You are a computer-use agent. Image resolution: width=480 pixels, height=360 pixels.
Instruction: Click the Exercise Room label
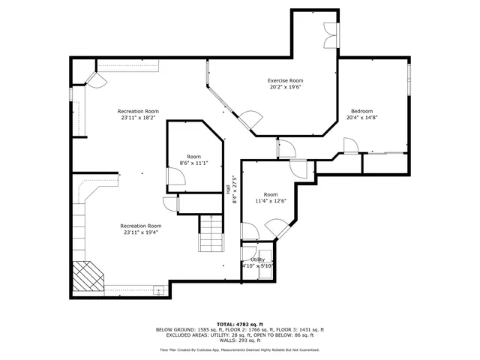pos(285,80)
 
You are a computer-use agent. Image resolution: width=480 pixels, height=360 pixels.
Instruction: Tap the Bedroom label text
pos(361,111)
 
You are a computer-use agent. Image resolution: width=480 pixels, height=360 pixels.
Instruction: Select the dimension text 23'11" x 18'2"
pos(138,117)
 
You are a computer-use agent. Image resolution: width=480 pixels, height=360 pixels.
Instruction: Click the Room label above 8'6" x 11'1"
pos(193,157)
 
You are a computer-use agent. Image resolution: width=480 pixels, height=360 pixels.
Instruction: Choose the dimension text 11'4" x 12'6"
pos(271,200)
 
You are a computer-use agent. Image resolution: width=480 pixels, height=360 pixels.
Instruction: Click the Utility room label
pos(257,259)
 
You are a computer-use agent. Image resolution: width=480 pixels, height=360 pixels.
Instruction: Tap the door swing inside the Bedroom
pos(349,145)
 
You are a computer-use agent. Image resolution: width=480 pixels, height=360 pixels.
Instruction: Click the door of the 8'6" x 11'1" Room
pos(175,178)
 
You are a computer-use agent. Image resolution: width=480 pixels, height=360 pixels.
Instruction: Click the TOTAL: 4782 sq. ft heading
pos(239,324)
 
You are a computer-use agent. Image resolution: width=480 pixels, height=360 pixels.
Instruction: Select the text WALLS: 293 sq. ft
pos(239,341)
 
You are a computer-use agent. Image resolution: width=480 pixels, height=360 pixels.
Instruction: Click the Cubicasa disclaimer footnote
pos(239,349)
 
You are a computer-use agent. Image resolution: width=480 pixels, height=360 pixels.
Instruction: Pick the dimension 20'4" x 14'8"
pos(361,118)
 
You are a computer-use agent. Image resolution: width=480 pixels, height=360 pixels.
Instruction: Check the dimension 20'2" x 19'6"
pos(285,87)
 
